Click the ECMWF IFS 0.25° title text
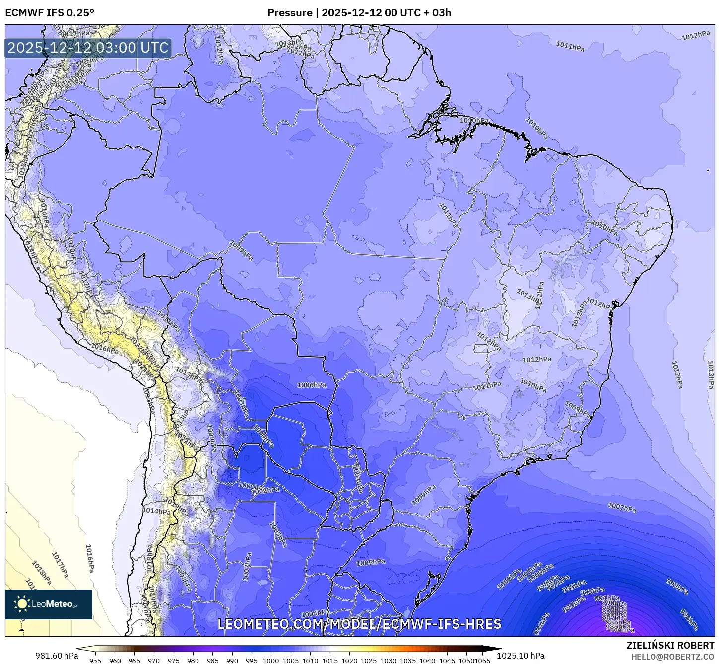[49, 13]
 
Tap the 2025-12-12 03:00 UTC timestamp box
[88, 48]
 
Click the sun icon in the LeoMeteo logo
[22, 604]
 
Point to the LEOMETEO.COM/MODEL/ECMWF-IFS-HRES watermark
[359, 624]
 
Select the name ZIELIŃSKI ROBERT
[670, 646]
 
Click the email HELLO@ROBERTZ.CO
[672, 657]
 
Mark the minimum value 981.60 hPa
[57, 656]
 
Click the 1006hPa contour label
[312, 385]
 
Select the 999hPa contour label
[677, 587]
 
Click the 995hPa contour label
[574, 586]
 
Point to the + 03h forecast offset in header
[436, 13]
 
